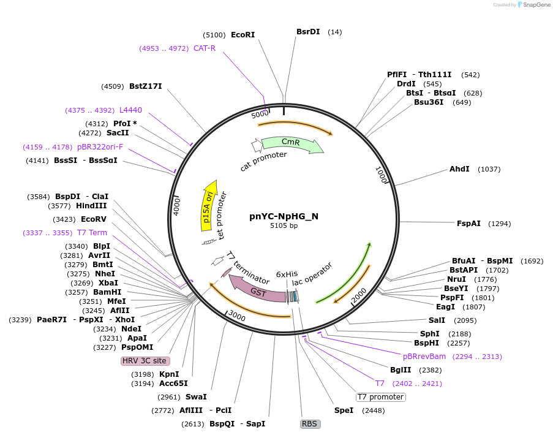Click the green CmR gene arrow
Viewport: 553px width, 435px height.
292,145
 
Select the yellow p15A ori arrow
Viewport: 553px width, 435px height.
209,205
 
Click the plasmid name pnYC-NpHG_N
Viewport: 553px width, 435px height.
284,216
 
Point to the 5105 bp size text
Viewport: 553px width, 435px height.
284,225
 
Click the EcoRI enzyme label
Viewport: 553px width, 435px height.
243,35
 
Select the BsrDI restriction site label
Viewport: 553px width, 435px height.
308,31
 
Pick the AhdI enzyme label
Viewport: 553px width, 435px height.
459,168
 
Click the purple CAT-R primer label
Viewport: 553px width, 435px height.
205,48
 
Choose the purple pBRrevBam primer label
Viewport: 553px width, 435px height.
424,356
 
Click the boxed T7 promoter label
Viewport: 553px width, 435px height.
380,397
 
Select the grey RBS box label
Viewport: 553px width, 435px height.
310,423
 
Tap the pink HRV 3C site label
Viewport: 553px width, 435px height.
145,360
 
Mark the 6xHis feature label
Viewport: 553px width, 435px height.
287,274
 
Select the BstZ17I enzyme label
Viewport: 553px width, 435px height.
146,86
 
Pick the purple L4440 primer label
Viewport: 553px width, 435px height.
130,110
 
